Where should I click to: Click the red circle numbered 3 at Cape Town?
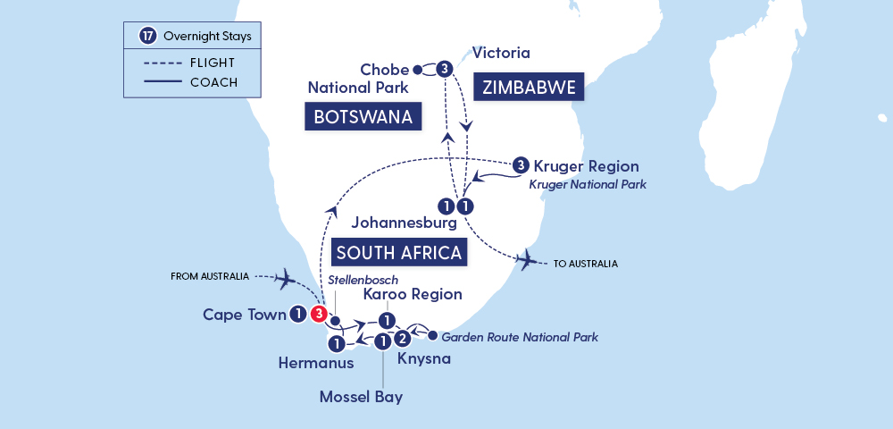click(319, 314)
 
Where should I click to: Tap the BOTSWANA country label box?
click(363, 117)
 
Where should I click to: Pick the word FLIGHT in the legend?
click(213, 63)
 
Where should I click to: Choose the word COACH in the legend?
click(213, 83)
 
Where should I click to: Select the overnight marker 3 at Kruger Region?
click(521, 165)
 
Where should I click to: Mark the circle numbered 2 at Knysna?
click(403, 338)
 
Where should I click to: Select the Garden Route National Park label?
click(520, 337)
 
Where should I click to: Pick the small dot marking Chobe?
click(417, 69)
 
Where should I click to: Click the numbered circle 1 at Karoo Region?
click(386, 320)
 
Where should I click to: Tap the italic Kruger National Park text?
click(588, 184)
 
